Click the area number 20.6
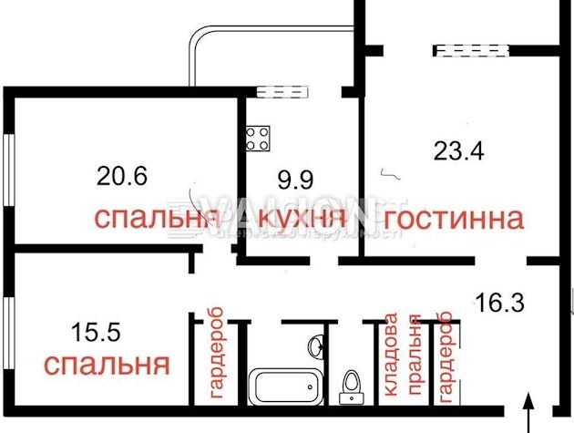[122, 174]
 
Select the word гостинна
[454, 219]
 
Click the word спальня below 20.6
[156, 219]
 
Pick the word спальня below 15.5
[107, 366]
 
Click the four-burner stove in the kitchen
[258, 138]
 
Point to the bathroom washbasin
[316, 347]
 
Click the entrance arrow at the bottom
[528, 410]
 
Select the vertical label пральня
[415, 358]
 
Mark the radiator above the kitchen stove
[284, 90]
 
